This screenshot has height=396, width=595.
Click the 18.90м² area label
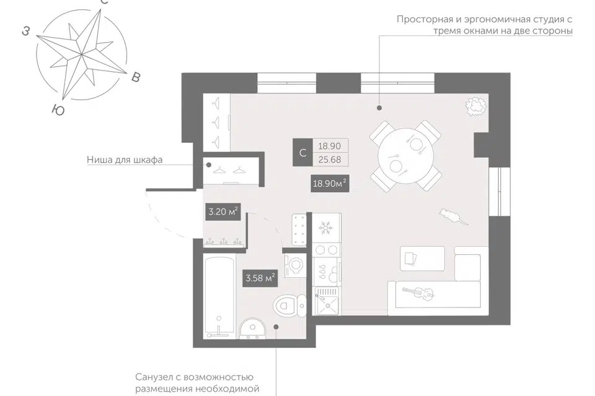coord(329,183)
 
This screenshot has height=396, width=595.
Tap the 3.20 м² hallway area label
coord(223,211)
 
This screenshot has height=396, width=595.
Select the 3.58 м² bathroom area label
coord(260,278)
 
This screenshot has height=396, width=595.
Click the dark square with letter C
coord(302,152)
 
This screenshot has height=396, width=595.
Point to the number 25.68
coord(329,160)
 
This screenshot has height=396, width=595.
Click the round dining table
coord(405,155)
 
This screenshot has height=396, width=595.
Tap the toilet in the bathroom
coord(290,305)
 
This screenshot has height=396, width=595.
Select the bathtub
coord(219,296)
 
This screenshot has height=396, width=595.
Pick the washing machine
coord(295,265)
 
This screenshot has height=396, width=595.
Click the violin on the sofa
coord(417,292)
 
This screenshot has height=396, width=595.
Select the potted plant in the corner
coord(476,106)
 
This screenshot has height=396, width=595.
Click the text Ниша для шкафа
coord(125,160)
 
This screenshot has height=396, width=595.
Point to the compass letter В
coord(136,77)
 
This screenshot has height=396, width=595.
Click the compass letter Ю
coord(58,110)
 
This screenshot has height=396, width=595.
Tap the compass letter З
coord(26,31)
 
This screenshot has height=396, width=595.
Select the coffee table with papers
coord(422,259)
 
